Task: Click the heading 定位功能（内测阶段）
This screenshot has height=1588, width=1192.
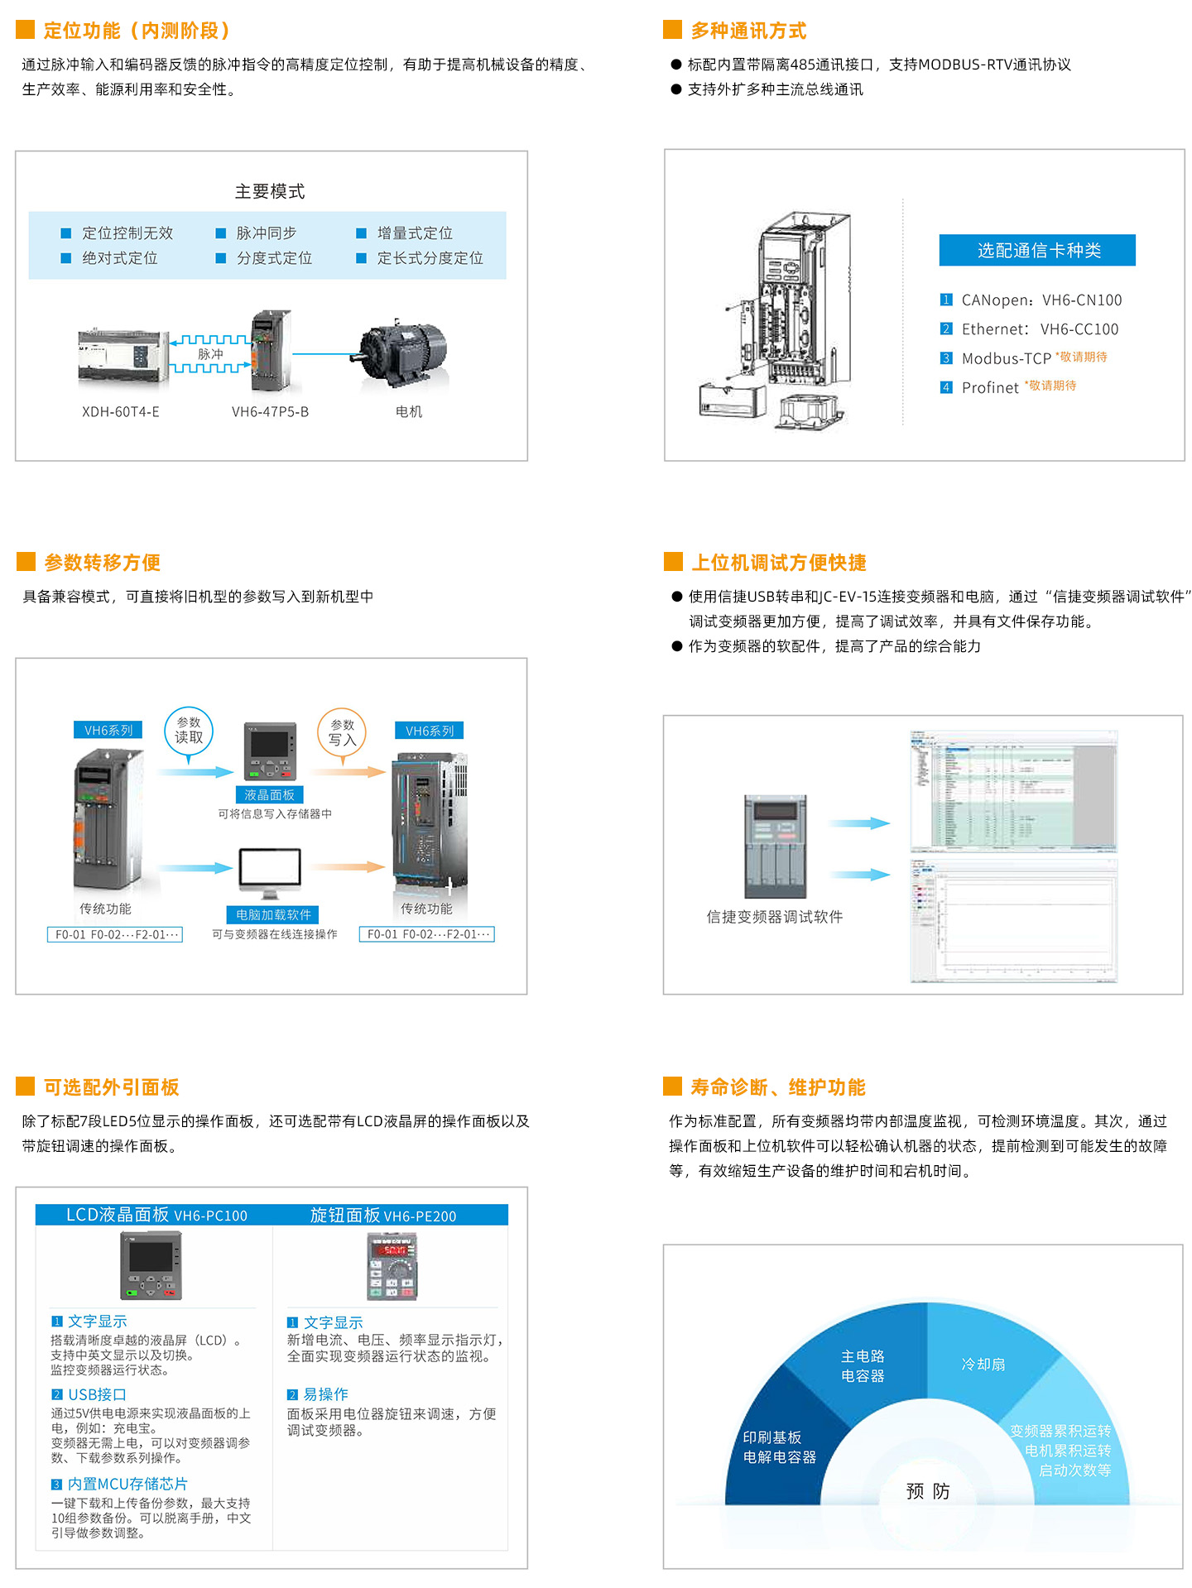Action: pos(137,31)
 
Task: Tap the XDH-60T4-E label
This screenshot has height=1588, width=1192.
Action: pos(121,412)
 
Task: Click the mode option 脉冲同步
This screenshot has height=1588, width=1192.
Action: pos(266,233)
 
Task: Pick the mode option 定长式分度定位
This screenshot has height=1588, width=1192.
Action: pos(430,258)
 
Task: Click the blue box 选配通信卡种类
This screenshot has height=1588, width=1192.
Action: pos(1037,251)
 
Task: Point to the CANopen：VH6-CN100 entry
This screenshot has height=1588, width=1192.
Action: pos(1041,300)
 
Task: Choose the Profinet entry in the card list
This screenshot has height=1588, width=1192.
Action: pos(990,387)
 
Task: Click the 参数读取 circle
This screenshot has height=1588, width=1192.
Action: pos(189,730)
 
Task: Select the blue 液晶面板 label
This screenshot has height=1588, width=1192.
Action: pos(270,795)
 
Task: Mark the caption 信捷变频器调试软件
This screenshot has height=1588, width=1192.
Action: pos(775,917)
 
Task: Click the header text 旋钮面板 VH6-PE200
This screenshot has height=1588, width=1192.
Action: pos(383,1216)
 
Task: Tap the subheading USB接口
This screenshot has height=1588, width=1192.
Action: pos(97,1395)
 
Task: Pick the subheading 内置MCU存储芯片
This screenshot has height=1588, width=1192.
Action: pos(127,1485)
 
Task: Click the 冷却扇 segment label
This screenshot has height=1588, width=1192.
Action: pos(983,1364)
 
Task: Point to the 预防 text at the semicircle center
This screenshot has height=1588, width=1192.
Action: pos(928,1491)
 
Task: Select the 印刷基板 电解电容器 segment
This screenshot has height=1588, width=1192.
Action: pos(779,1447)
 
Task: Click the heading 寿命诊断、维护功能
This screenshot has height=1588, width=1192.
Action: pos(778,1087)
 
